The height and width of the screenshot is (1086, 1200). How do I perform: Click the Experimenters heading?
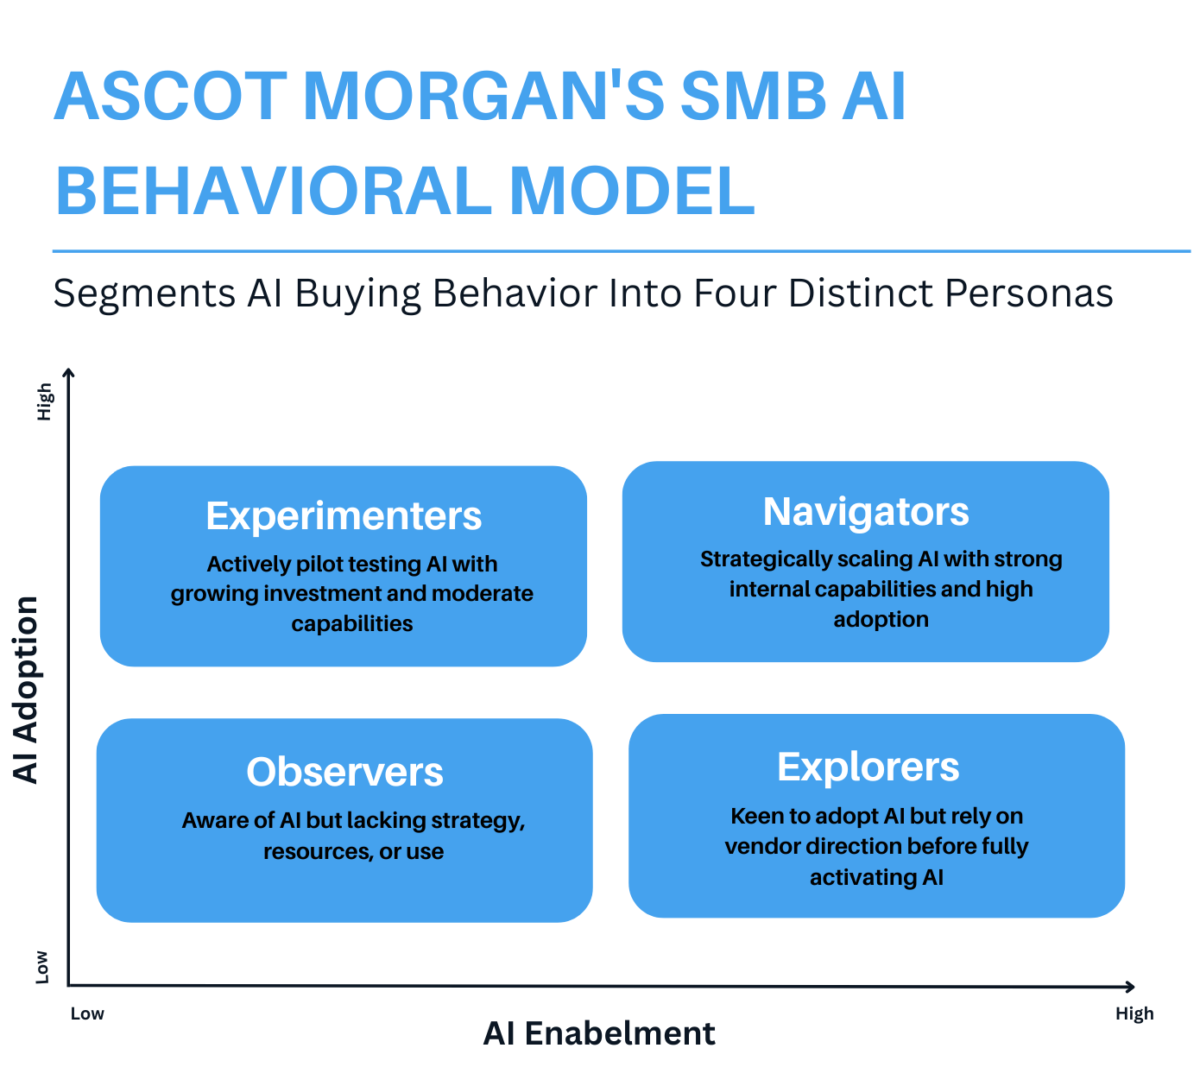(x=344, y=516)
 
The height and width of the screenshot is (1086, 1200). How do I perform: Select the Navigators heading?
(x=866, y=512)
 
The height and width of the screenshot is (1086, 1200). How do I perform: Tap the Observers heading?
(x=344, y=772)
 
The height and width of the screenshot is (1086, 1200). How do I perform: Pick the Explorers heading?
(x=868, y=767)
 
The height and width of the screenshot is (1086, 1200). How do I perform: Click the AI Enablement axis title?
(x=599, y=1033)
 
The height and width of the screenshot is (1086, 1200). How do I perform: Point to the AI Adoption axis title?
(x=26, y=690)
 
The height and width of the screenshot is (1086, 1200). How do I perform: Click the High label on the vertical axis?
(x=44, y=402)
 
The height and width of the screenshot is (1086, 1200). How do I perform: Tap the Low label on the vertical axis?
(x=41, y=968)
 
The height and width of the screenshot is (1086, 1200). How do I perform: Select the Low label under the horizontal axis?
(x=87, y=1013)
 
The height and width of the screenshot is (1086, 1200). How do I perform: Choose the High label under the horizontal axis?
(x=1134, y=1014)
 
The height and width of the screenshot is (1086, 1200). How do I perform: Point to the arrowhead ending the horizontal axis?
(x=1130, y=987)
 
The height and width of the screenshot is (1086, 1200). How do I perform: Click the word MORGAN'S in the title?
(x=483, y=97)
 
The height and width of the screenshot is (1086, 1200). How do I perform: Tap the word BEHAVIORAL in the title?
(x=274, y=191)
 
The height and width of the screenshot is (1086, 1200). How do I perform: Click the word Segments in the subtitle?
(x=144, y=294)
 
